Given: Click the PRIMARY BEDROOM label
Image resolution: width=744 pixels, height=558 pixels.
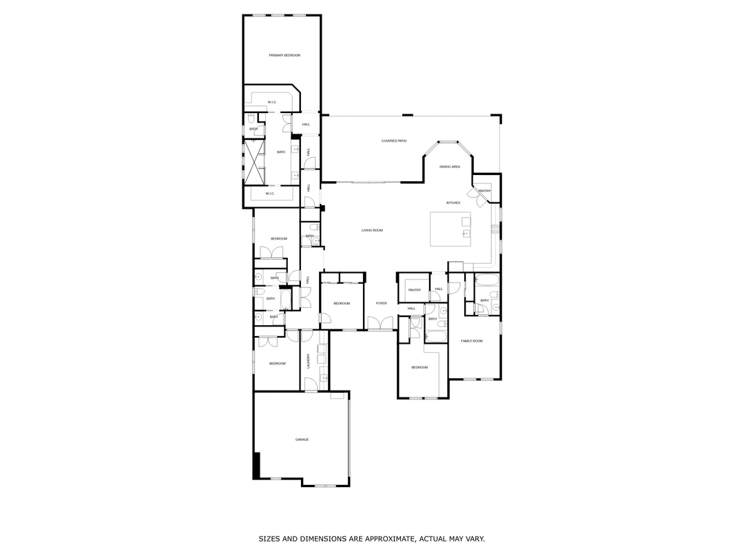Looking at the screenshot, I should (285, 55).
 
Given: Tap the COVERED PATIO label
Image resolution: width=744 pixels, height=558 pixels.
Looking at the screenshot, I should (394, 141).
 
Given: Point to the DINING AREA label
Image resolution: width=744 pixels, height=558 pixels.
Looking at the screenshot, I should (450, 167).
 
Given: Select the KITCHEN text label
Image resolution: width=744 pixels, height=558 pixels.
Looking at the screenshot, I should (453, 203).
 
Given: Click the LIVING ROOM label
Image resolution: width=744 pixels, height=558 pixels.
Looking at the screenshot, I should (372, 230).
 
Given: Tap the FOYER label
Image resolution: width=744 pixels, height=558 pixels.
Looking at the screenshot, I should (381, 303).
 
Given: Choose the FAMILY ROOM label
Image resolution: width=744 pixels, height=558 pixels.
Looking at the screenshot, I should (472, 341).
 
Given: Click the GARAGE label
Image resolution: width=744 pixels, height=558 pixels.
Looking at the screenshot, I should (302, 440).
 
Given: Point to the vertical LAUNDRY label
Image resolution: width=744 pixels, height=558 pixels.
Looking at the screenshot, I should (308, 360).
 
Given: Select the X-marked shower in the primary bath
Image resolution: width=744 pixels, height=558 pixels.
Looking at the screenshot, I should (255, 163).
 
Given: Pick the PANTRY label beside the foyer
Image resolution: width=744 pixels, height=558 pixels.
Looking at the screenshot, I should (414, 290).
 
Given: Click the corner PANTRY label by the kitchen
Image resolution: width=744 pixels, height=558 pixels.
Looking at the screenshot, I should (484, 191).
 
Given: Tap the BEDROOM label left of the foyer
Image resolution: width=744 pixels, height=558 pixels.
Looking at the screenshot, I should (342, 303).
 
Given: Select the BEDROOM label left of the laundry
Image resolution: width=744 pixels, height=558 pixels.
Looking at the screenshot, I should (277, 363).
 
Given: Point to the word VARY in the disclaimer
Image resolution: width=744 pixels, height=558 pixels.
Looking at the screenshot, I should (475, 539).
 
